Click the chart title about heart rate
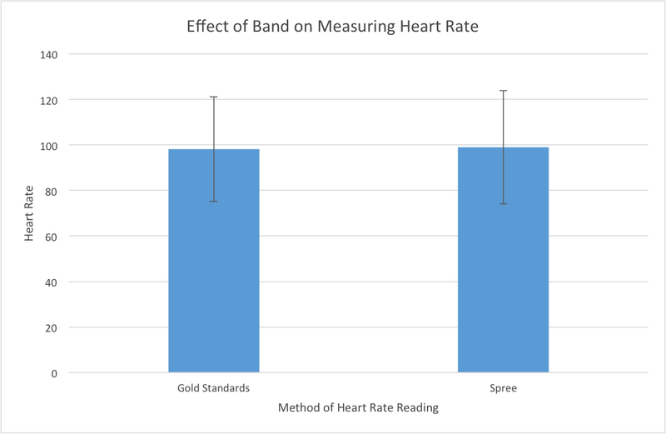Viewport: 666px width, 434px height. (x=333, y=27)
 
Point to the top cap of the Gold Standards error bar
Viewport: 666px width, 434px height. (x=214, y=97)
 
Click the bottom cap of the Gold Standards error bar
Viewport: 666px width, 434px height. (x=214, y=202)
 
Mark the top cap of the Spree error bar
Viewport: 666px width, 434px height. (x=503, y=90)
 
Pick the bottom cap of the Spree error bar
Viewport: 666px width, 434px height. (x=503, y=204)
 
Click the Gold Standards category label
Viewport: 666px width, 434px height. (x=213, y=388)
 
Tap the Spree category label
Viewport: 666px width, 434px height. (x=503, y=388)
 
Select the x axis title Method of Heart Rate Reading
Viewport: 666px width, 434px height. (x=358, y=408)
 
